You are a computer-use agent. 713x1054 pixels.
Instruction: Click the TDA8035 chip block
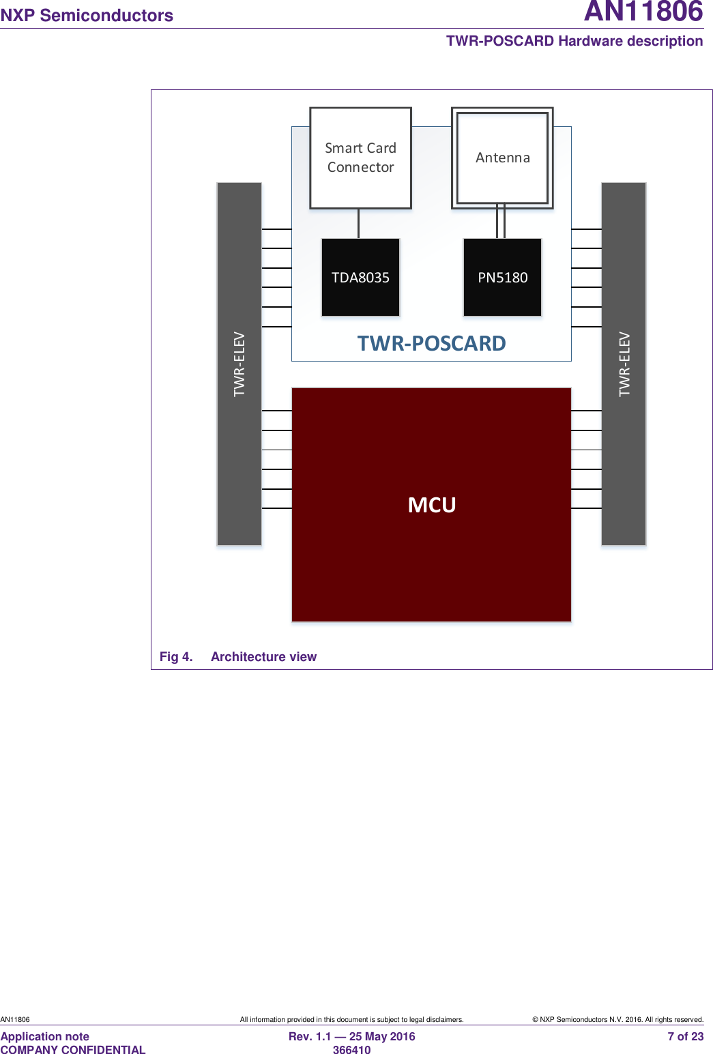360,277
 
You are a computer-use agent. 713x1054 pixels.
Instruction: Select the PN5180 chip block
502,277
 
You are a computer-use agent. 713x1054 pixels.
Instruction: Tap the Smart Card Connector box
360,158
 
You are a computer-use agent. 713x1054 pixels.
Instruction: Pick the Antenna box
502,158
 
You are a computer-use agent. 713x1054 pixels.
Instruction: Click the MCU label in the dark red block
432,505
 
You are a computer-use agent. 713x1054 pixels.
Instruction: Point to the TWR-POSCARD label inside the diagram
431,343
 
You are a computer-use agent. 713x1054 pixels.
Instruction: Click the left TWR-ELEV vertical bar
239,364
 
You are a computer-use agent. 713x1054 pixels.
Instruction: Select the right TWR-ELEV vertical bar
624,364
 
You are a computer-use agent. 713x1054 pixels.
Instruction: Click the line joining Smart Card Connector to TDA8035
358,224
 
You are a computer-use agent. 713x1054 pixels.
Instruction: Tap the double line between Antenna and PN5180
501,222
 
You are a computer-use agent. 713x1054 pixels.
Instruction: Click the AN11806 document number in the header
643,12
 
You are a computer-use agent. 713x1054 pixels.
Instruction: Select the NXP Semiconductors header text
87,15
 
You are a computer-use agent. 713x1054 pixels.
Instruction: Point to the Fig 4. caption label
176,656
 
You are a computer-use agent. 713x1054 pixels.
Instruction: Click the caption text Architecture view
263,656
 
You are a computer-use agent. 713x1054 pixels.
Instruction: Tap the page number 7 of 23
685,1036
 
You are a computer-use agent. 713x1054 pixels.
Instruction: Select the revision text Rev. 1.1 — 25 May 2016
351,1036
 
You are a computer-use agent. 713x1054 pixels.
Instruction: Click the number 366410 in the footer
351,1050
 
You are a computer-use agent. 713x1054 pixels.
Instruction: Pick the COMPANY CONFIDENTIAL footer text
73,1050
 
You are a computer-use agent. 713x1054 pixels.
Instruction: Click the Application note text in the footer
45,1036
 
